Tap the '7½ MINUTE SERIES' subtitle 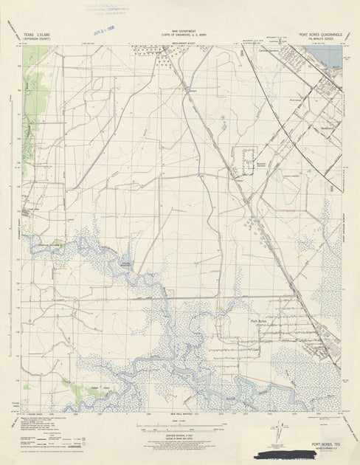(x=322, y=39)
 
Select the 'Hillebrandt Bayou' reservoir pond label (x=126, y=263)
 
